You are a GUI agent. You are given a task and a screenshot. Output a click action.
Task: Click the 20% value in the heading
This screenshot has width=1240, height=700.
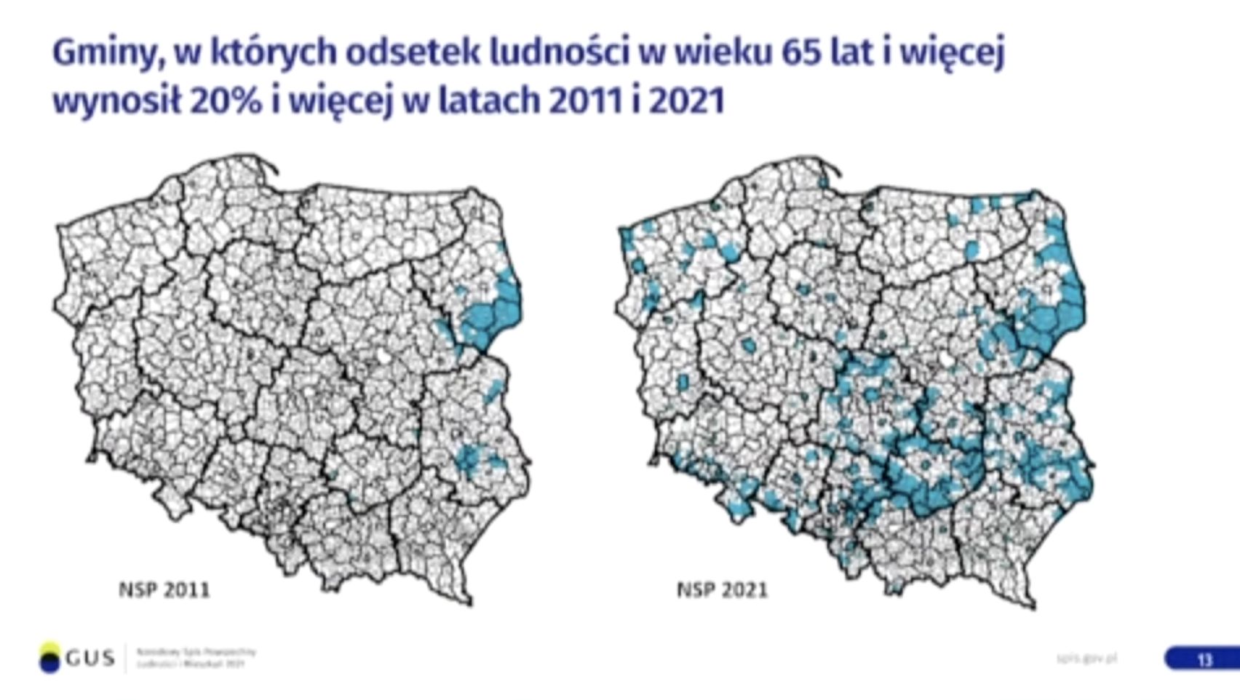226,100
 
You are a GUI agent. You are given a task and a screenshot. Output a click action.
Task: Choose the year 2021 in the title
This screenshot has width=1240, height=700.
687,100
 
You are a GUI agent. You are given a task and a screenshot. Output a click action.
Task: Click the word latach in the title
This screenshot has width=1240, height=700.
489,100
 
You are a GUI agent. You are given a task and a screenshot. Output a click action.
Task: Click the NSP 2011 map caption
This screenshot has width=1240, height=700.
164,589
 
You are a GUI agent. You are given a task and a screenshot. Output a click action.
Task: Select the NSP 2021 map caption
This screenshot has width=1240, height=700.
722,589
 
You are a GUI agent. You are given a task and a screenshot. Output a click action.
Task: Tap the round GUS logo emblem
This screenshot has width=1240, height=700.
49,658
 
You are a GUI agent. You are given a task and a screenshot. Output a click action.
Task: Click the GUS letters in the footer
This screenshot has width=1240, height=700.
90,659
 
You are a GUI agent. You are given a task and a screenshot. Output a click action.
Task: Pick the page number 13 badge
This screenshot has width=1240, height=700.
1204,659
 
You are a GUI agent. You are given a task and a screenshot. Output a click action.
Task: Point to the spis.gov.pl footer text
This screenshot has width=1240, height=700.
1086,659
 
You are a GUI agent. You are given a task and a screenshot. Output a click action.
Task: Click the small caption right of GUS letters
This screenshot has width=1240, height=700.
196,658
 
